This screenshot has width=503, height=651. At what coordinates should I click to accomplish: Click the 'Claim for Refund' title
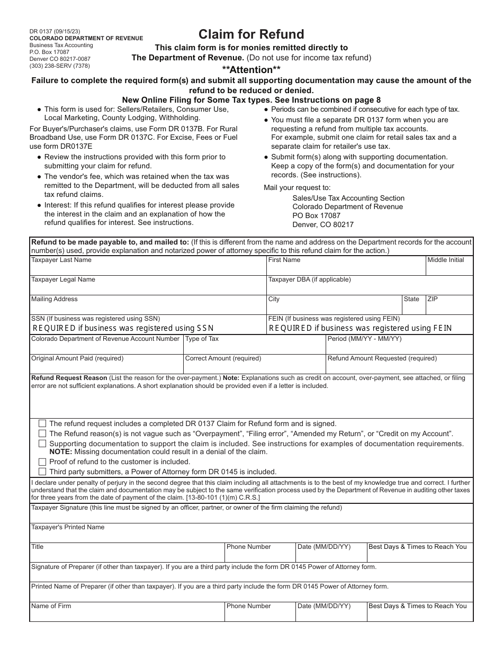pos(251,34)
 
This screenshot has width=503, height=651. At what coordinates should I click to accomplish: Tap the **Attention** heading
pos(251,69)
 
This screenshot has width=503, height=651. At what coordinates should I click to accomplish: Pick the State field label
pos(411,299)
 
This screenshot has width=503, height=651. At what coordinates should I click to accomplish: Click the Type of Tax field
pos(254,345)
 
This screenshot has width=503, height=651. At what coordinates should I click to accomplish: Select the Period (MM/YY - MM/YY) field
pos(399,345)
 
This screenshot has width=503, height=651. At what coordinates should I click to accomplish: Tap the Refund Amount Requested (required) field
pos(399,364)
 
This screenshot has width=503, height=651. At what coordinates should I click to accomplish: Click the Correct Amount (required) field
pos(254,364)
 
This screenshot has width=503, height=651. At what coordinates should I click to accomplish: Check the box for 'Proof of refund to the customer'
pos(42,462)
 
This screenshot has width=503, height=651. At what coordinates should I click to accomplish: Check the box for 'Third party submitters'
pos(42,472)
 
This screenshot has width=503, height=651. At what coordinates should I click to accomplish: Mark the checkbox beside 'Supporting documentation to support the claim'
pos(42,444)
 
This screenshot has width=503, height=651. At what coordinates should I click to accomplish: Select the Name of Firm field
pos(127,612)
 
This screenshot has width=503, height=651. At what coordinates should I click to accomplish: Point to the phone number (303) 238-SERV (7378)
pos(59,66)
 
